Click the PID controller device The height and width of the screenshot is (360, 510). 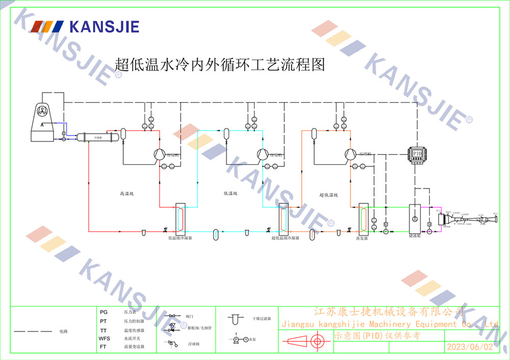417,153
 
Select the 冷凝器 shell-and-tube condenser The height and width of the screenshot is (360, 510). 97,137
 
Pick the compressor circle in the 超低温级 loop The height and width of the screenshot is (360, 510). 350,153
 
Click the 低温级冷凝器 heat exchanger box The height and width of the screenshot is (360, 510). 180,219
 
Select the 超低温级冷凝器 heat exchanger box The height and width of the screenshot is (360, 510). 284,219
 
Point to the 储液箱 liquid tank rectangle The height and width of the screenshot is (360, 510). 415,219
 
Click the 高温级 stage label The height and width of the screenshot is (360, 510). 126,194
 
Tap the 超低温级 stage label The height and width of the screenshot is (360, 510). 328,194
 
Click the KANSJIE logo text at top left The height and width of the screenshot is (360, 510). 104,27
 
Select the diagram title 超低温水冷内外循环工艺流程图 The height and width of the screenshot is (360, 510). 220,65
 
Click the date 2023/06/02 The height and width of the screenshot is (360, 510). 470,347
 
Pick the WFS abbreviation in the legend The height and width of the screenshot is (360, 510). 104,339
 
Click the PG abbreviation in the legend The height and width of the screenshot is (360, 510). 104,312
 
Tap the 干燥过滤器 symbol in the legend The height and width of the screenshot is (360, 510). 235,319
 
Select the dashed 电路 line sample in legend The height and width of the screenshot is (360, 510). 33,331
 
